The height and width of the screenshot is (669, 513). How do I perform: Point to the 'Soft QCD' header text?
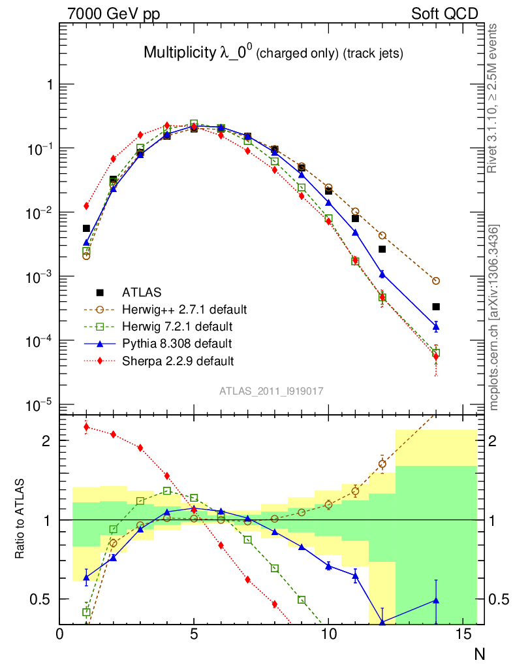[x=444, y=14]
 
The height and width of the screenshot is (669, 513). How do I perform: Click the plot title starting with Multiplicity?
[x=273, y=54]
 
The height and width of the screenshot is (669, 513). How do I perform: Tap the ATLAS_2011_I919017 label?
[x=272, y=391]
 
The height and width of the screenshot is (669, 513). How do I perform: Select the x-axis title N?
[x=479, y=653]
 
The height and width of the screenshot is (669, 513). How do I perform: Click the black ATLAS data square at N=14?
[x=436, y=306]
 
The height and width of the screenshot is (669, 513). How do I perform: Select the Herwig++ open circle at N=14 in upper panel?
[x=436, y=281]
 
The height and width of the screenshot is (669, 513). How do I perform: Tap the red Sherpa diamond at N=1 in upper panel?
[x=86, y=206]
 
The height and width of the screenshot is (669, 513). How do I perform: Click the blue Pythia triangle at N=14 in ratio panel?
[x=436, y=600]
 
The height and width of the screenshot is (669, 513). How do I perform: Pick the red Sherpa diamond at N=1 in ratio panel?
[x=86, y=428]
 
